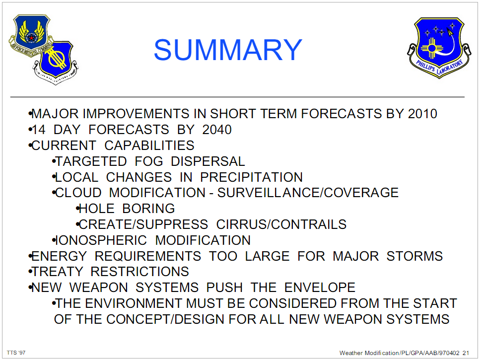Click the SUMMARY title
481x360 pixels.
click(228, 50)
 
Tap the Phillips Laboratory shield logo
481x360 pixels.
click(439, 48)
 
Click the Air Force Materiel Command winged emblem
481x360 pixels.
click(31, 35)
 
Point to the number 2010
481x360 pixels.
click(422, 114)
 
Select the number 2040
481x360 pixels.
click(217, 130)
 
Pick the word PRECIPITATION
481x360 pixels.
click(251, 177)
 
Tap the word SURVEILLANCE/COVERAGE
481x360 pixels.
click(308, 193)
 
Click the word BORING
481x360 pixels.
click(148, 209)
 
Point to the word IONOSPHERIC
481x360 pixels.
click(101, 240)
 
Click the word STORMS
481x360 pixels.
click(414, 256)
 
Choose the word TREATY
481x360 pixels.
click(58, 272)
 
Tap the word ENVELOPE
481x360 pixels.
click(320, 288)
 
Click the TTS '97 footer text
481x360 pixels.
click(16, 353)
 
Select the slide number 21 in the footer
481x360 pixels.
click(466, 353)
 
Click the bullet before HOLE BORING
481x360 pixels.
click(77, 209)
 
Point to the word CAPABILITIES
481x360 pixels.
click(149, 145)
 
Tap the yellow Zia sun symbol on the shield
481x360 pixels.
click(431, 48)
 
